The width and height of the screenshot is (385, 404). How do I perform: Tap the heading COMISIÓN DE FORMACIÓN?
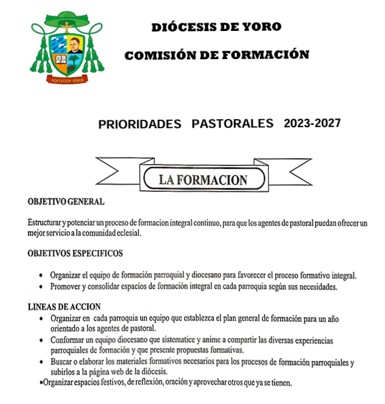217,55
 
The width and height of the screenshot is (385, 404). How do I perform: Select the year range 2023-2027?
312,123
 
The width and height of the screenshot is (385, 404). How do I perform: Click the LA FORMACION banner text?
203,180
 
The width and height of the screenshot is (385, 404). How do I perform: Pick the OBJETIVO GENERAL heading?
66,201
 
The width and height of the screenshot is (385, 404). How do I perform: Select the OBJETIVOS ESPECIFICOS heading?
75,253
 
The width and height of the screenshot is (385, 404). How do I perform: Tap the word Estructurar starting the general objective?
45,223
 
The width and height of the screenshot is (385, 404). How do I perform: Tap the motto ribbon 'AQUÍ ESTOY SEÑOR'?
68,80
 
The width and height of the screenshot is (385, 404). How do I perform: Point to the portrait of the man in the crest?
75,46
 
